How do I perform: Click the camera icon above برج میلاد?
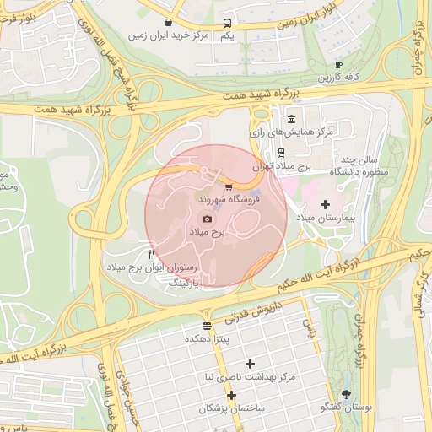click(208, 219)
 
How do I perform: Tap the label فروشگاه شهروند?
click(228, 202)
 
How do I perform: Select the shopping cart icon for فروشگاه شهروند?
click(229, 187)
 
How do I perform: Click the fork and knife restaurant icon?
click(151, 253)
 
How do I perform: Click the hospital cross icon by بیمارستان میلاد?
click(326, 203)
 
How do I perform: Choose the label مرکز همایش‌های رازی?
click(291, 132)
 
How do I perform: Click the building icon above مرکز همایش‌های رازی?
click(291, 118)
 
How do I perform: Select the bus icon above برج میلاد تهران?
click(281, 153)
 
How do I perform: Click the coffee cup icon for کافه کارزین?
click(338, 64)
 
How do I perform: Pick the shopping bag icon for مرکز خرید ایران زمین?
click(170, 22)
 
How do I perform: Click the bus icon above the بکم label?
click(227, 23)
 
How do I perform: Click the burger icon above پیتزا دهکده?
click(208, 325)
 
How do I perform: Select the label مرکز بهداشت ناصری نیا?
click(251, 377)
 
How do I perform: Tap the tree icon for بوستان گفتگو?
click(346, 393)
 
